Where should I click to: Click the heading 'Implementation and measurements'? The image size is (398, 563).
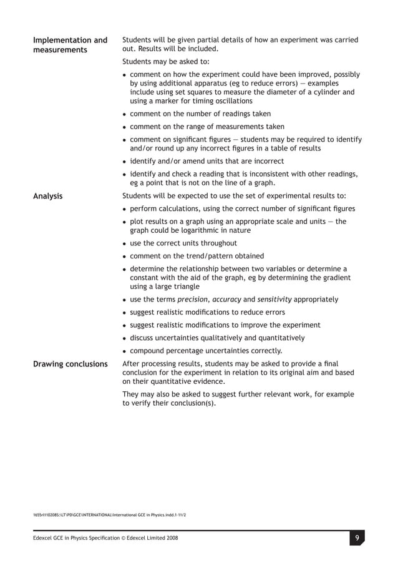(x=70, y=45)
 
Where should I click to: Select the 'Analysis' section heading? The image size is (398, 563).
(x=47, y=196)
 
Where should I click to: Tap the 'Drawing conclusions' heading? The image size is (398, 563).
(x=70, y=364)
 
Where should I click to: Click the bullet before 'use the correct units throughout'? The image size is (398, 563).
(x=125, y=243)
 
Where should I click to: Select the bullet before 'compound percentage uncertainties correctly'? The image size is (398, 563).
(x=125, y=351)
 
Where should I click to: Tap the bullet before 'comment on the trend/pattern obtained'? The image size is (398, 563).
(x=125, y=257)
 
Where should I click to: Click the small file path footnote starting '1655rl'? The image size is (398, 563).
(x=109, y=514)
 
